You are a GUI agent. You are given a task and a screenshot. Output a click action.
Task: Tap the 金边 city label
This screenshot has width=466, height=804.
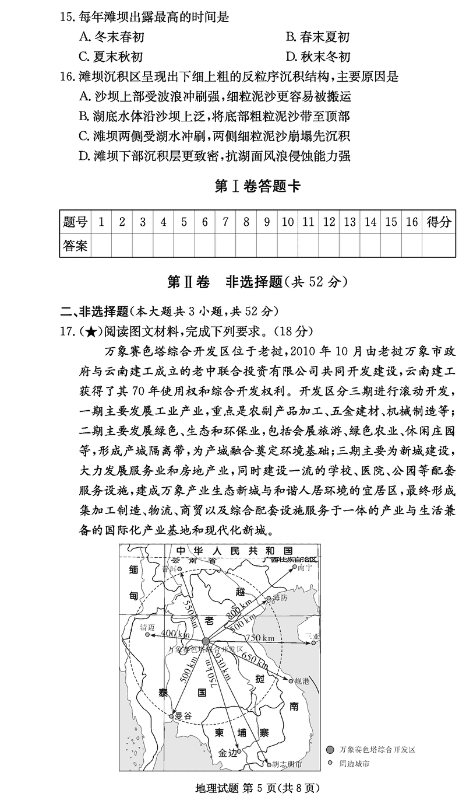(228, 753)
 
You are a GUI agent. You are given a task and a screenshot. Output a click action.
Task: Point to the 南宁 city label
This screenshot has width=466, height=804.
(305, 567)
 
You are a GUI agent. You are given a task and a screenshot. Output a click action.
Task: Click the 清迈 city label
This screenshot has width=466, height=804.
(147, 627)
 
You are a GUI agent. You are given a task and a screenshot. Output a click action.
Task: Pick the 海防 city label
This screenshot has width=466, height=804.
(280, 598)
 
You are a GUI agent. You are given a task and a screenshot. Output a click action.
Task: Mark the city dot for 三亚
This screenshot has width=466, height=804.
(313, 643)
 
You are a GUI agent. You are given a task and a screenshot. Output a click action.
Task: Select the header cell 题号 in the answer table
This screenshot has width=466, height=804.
(75, 222)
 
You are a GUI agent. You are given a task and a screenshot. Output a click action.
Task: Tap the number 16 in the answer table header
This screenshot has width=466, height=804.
(412, 222)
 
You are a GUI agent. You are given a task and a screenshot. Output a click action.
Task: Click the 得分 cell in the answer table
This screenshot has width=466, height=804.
(439, 222)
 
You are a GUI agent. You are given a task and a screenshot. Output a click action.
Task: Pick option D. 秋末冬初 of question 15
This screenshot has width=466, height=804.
(318, 56)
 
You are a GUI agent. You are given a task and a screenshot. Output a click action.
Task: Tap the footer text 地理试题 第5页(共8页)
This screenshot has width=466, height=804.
(257, 788)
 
